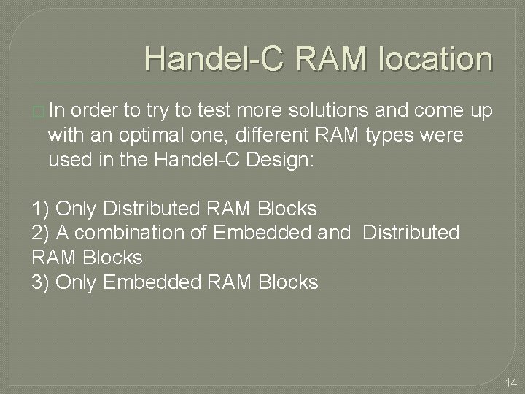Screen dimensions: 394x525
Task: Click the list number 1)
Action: [x=42, y=209]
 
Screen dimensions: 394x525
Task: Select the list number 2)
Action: [x=42, y=233]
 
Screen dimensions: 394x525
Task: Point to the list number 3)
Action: [x=42, y=282]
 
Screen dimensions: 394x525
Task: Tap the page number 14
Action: [x=510, y=382]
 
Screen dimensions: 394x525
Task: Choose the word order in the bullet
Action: [x=97, y=111]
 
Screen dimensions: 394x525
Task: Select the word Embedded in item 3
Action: [x=144, y=282]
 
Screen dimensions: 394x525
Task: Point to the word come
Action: [x=438, y=111]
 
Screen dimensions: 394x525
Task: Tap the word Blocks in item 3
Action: [x=289, y=282]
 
